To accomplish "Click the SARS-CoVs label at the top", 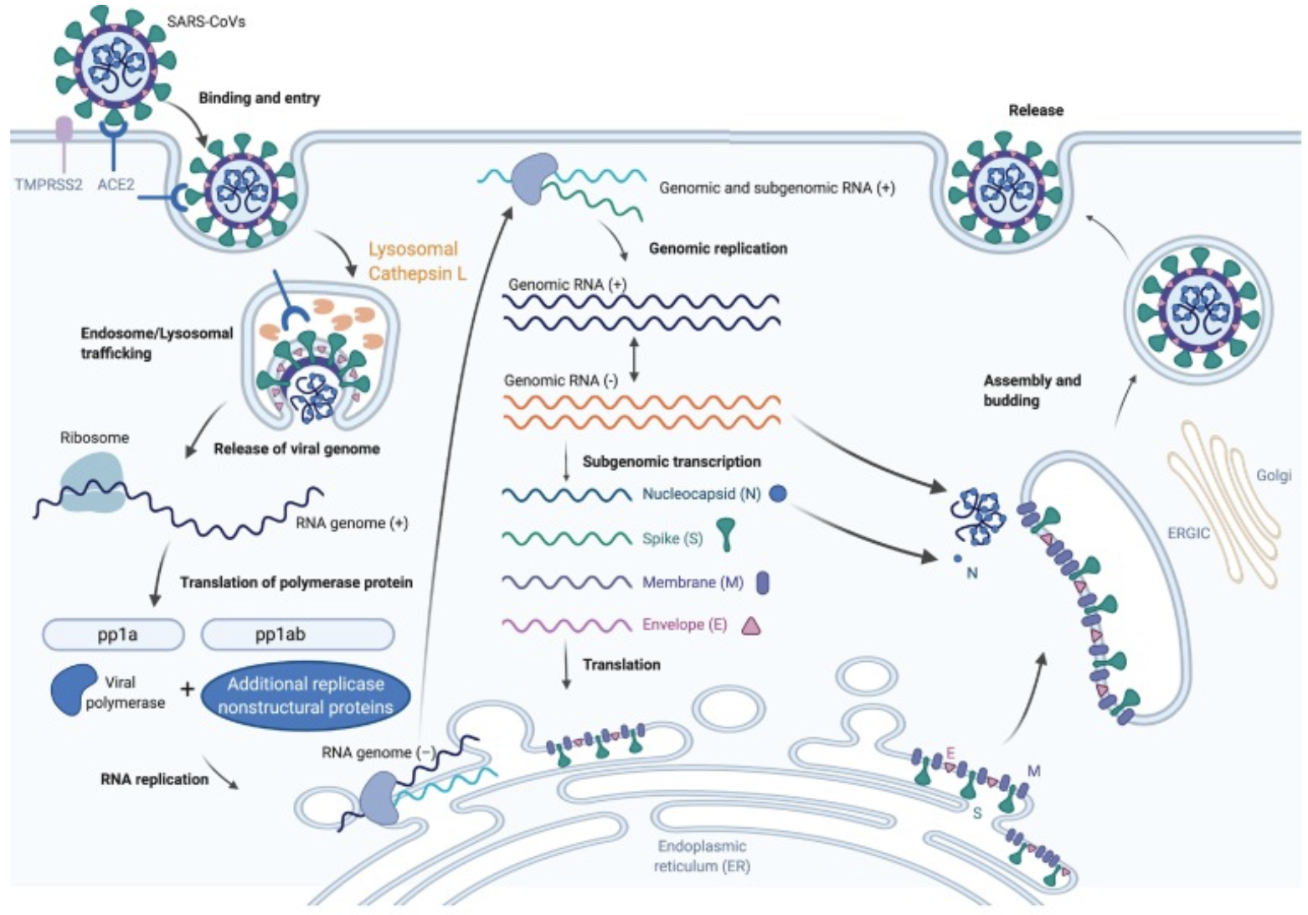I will tap(206, 21).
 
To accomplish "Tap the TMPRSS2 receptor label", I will tap(49, 184).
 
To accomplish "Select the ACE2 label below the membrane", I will tap(116, 184).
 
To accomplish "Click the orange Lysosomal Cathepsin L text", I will tap(417, 261).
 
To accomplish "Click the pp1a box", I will tap(113, 634).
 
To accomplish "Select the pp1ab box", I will tap(297, 634).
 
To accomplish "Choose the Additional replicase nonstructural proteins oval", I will tap(306, 695).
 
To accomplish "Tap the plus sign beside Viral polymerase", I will tap(188, 690).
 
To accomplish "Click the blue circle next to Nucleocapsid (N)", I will tap(778, 494).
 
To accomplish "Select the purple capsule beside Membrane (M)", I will tap(762, 582).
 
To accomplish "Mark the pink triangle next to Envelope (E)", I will tap(750, 625).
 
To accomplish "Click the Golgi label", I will tap(1273, 475).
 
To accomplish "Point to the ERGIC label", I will tap(1188, 533).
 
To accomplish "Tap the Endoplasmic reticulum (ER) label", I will tap(702, 856).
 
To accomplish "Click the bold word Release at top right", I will tap(1036, 110).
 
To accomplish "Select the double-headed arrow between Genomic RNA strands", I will tap(634, 359).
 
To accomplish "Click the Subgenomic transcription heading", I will tap(672, 461).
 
